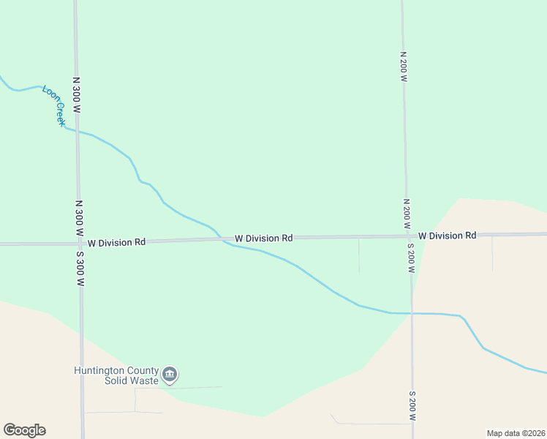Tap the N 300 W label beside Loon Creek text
(76, 94)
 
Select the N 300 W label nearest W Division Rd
(78, 217)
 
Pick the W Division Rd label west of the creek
(116, 241)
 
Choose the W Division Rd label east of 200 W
(447, 236)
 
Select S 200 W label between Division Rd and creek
(411, 259)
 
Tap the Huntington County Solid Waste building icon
(170, 375)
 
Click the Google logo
(24, 430)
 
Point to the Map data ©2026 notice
(516, 433)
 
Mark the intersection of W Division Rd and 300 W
(79, 242)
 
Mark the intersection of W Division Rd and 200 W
(408, 236)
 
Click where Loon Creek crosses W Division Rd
(222, 239)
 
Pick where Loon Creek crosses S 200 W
(412, 313)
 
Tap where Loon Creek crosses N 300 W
(77, 131)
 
